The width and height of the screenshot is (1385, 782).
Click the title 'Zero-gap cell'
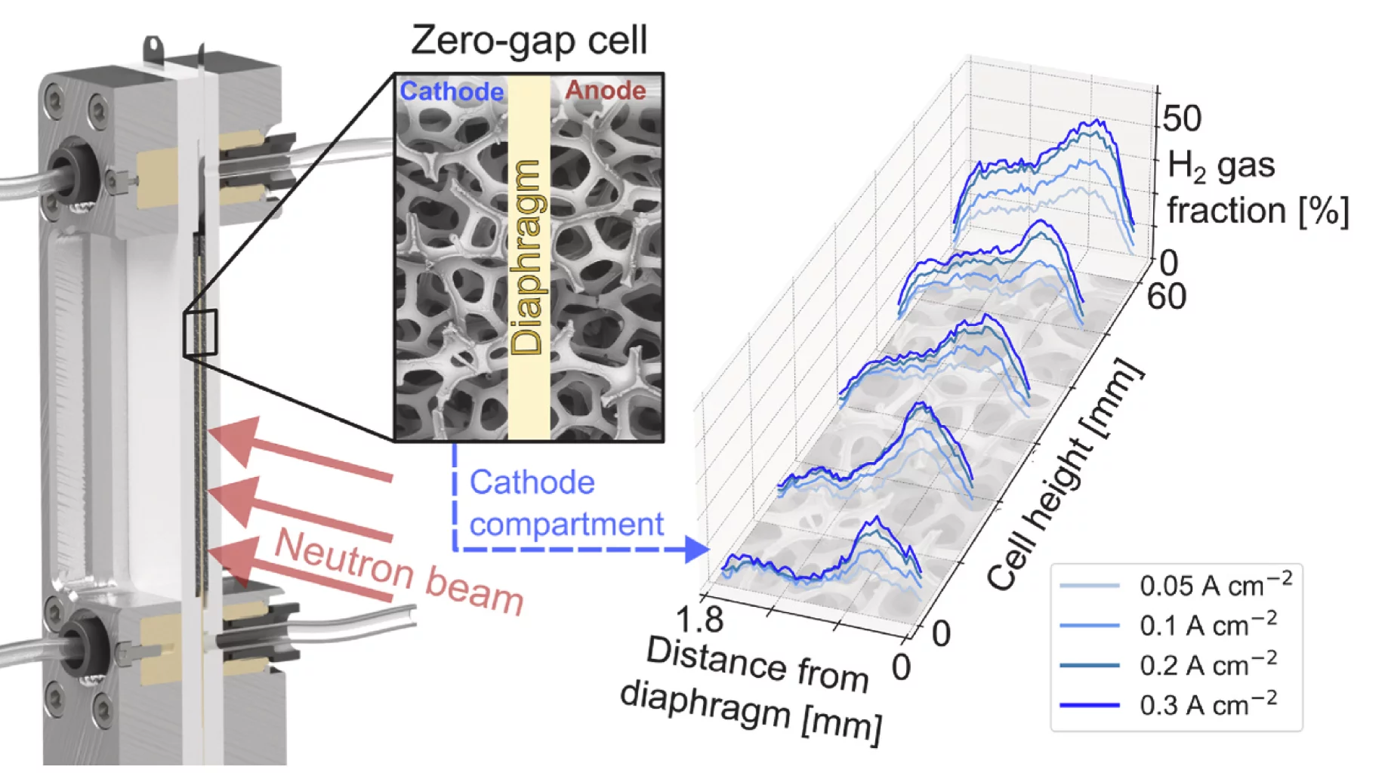point(529,41)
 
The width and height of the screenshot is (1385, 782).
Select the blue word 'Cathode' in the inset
point(452,91)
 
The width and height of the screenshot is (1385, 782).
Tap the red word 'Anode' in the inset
point(606,91)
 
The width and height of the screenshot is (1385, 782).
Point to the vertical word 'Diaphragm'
point(527,257)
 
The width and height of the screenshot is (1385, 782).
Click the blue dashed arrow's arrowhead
point(697,550)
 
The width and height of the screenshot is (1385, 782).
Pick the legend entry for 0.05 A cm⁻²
point(1177,586)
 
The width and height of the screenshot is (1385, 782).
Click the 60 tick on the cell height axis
point(1166,297)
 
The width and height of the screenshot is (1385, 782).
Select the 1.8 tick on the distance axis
point(699,620)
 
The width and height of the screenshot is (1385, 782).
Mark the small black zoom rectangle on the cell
point(200,332)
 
